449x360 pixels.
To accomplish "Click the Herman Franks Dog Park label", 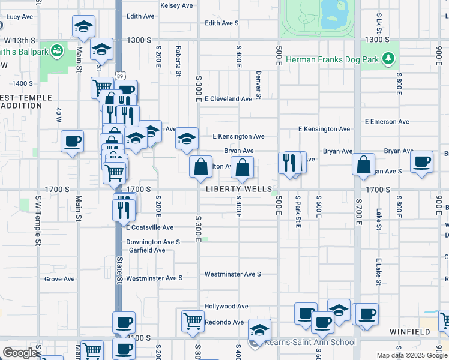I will pos(332,59).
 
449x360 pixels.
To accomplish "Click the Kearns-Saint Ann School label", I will pos(309,343).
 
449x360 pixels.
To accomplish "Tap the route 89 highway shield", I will pos(120,75).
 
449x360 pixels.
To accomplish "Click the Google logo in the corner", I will pos(20,352).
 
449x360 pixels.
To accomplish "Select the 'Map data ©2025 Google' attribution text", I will pos(412,355).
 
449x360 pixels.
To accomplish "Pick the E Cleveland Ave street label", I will pos(228,99).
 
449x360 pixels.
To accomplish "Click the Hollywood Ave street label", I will pos(226,306).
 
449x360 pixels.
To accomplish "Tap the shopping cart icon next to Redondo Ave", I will pos(192,321).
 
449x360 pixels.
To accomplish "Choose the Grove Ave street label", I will pos(59,279).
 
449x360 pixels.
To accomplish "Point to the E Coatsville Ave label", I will pos(149,227).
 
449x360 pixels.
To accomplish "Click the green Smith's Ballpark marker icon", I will pos(58,51).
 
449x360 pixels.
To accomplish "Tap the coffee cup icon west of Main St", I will pos(72,142).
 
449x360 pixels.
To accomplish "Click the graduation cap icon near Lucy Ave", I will pos(83,26).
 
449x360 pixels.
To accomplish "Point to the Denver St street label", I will pos(258,85).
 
